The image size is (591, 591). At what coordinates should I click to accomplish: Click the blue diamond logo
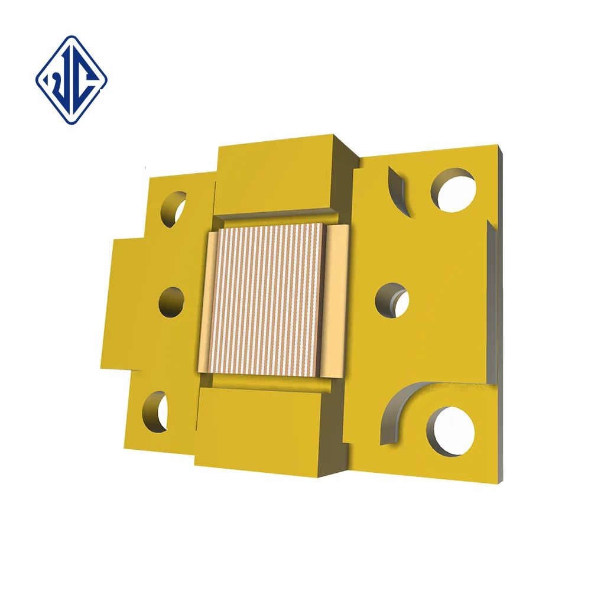pos(71,79)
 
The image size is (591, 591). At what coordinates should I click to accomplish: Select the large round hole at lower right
pos(452,430)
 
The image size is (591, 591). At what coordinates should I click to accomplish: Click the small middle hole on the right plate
pos(392,299)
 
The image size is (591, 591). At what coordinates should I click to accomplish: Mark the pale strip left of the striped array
pos(206,301)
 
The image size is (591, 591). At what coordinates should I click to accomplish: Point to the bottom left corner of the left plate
pos(125,446)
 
